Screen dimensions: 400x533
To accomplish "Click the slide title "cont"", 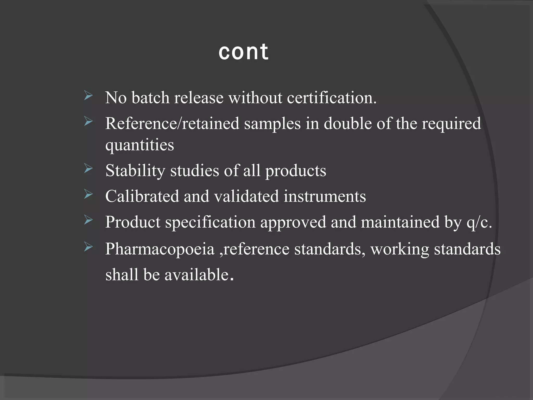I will coord(243,52).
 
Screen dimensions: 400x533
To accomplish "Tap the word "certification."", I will coord(332,98).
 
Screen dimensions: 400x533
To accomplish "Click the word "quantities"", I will coord(139,145).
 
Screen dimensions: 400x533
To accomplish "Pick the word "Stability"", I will coord(135,171).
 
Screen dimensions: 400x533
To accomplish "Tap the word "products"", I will coord(295,171).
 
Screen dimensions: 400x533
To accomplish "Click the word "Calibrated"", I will coord(142,196).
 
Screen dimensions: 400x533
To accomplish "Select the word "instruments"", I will coord(325,196).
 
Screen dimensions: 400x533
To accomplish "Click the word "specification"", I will coord(210,222).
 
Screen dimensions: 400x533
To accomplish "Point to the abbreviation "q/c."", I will coord(479,222).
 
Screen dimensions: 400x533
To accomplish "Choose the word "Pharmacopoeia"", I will coord(160,249).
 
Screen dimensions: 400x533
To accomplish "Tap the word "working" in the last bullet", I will coord(399,249).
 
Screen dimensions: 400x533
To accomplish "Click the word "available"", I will coord(196,275).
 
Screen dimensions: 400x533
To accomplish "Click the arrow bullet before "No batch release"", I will coord(88,96).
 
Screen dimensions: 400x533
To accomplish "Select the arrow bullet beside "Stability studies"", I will coord(88,169).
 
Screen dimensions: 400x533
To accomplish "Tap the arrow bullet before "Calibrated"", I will coord(88,195).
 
